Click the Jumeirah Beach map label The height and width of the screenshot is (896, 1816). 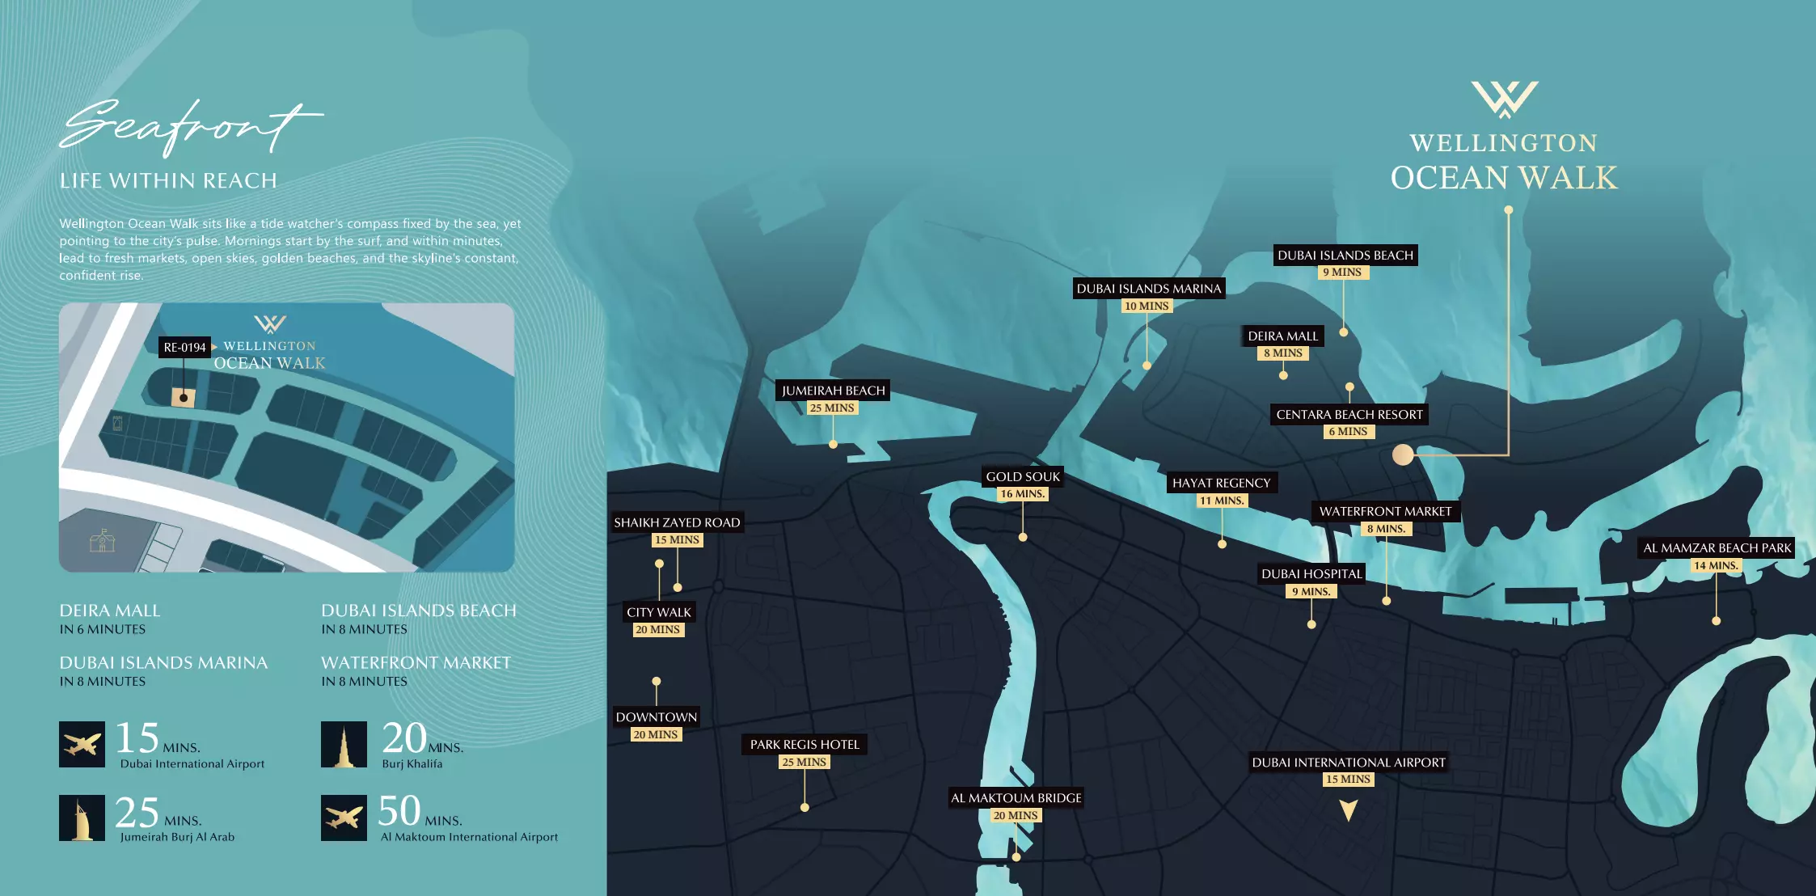(833, 391)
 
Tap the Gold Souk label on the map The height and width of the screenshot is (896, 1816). (1022, 476)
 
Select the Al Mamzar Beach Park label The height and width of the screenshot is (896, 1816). (1717, 547)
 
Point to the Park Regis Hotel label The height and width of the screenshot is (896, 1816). (804, 744)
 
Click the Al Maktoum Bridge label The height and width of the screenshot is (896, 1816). (1016, 798)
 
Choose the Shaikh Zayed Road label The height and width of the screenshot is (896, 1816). (677, 522)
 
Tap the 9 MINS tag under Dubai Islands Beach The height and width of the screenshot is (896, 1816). (1342, 273)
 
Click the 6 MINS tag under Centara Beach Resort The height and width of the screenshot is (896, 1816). (1348, 432)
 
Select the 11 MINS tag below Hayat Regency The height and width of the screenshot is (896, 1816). (1221, 501)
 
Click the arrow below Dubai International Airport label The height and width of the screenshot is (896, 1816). (1348, 809)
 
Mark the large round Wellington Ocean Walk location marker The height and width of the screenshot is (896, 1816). (1403, 454)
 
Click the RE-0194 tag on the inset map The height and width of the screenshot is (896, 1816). (184, 348)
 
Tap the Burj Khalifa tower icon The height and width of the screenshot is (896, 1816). (344, 745)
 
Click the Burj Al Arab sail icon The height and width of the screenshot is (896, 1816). (82, 818)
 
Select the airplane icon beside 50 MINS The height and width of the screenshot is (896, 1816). (344, 818)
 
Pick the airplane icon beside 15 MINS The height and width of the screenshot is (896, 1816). (82, 745)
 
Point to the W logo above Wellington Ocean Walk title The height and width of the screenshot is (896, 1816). (1504, 99)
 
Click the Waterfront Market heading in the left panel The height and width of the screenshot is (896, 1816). (416, 663)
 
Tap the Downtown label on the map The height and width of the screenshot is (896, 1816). (656, 717)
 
